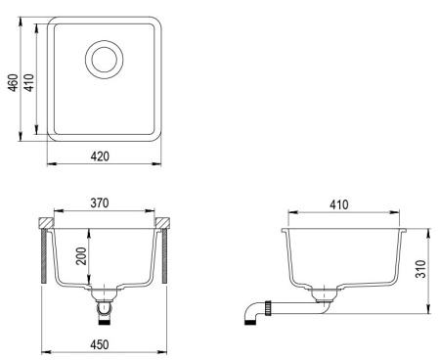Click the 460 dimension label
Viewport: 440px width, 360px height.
[13, 83]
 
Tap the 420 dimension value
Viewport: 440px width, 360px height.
[100, 157]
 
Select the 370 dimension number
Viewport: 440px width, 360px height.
[100, 203]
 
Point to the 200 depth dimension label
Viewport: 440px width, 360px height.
[81, 256]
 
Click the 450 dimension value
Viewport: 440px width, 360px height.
[100, 344]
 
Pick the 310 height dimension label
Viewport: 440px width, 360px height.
[420, 269]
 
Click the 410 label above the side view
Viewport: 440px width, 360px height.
[339, 204]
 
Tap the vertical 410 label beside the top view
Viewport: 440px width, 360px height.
[29, 83]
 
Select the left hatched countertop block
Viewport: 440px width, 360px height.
[45, 223]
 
